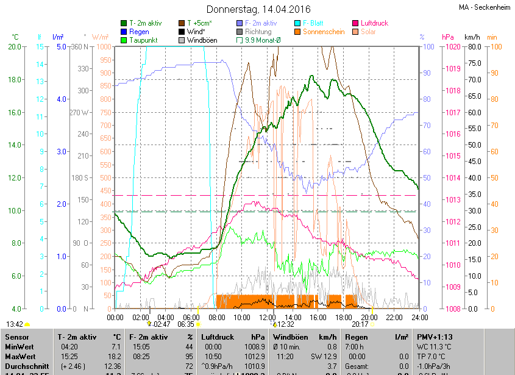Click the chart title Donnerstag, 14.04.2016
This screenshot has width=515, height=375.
258,10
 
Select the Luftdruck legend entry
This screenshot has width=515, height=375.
374,23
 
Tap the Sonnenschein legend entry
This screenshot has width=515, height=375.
323,32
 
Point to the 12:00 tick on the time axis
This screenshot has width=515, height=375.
268,317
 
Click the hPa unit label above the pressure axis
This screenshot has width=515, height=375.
447,37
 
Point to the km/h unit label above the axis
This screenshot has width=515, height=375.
472,37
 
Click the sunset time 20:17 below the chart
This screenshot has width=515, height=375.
359,324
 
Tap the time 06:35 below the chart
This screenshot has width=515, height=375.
185,324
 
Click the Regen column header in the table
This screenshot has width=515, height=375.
357,337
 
